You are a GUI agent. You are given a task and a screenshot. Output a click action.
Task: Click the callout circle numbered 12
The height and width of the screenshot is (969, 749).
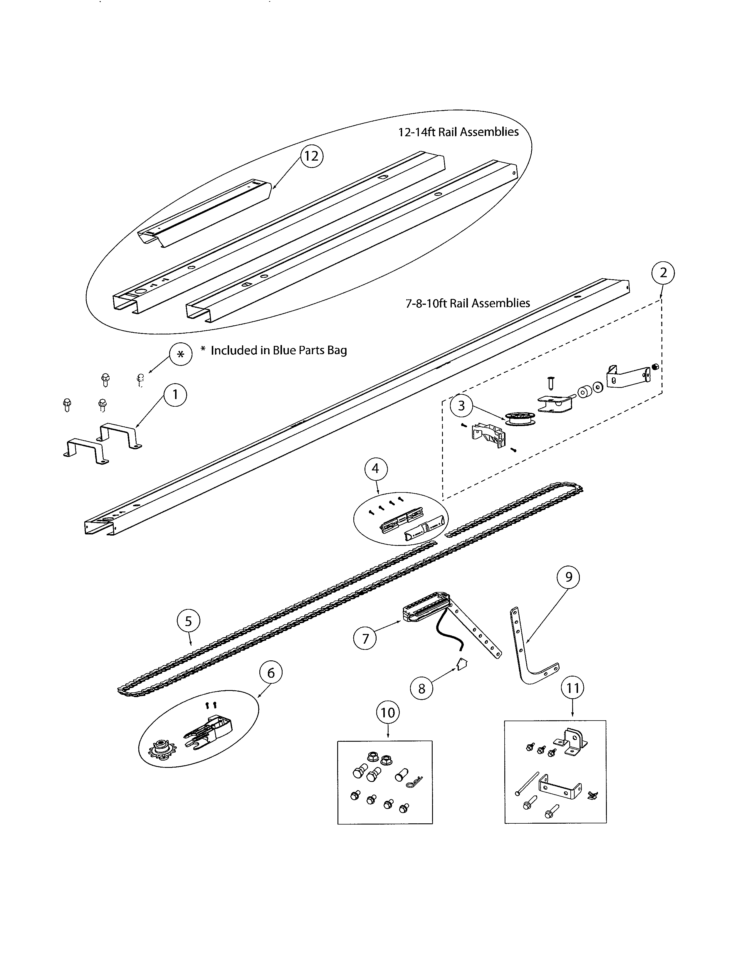pyautogui.click(x=311, y=156)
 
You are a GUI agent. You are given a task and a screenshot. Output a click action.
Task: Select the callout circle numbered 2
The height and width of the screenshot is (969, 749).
pyautogui.click(x=663, y=273)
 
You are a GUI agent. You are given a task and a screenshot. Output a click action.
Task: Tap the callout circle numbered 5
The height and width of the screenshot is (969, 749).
pyautogui.click(x=188, y=621)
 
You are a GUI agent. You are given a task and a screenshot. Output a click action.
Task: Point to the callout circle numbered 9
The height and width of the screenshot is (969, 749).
pyautogui.click(x=568, y=577)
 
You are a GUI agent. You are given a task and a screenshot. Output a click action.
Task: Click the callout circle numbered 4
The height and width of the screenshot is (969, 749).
pyautogui.click(x=375, y=469)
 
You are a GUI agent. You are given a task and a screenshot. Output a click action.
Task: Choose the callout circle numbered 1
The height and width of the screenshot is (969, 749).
pyautogui.click(x=175, y=394)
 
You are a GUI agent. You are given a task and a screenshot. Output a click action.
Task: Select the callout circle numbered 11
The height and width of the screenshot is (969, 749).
pyautogui.click(x=572, y=688)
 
